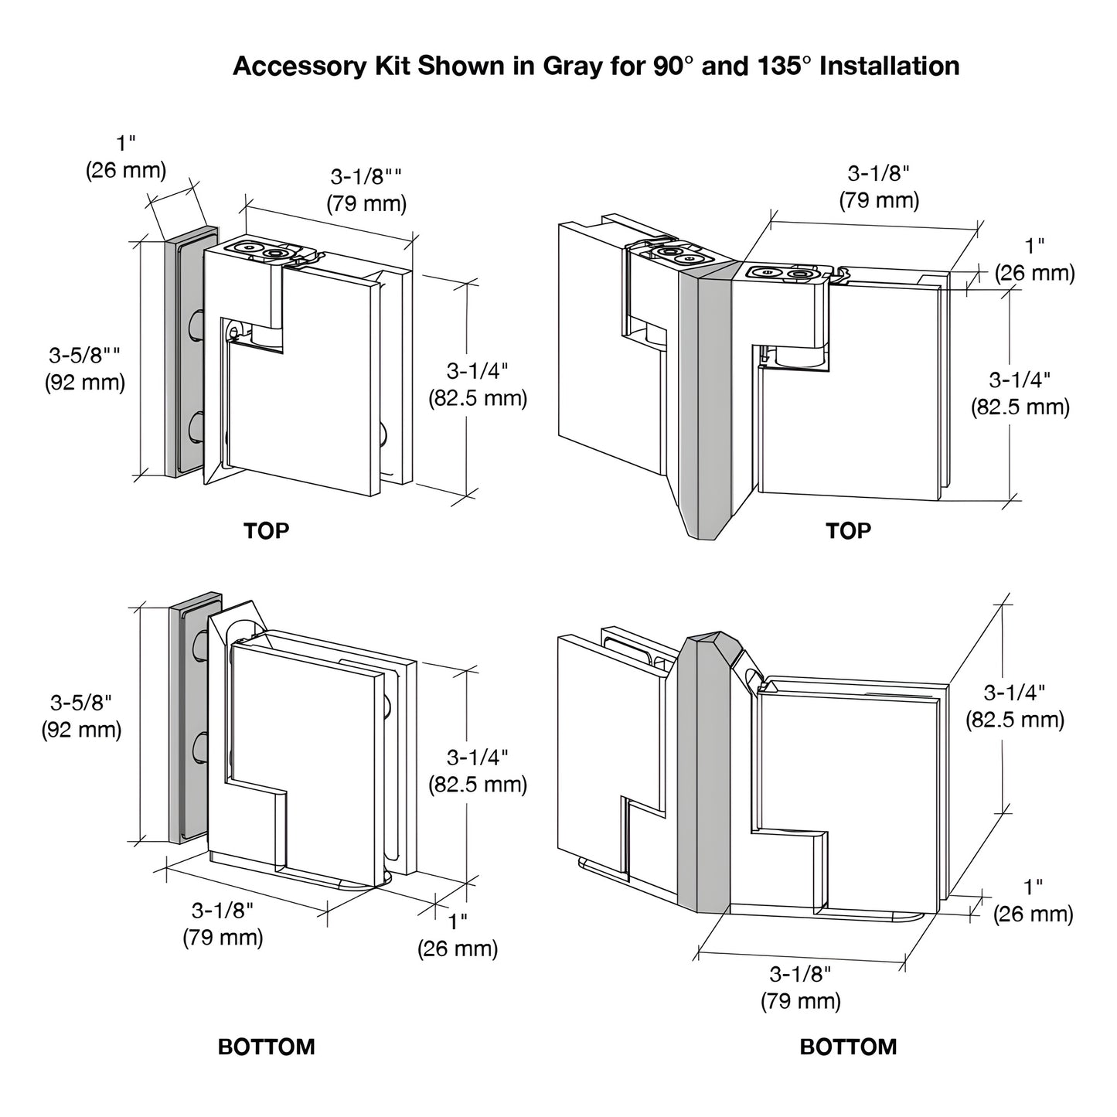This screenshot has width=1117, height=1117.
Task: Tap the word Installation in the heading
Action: tap(889, 66)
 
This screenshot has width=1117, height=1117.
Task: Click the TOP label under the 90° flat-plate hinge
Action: tap(266, 531)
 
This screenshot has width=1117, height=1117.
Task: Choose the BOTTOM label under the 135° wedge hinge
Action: tap(848, 1047)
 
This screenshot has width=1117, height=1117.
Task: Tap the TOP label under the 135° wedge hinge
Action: tap(848, 531)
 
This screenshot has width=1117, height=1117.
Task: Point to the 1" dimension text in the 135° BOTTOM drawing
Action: tap(1034, 887)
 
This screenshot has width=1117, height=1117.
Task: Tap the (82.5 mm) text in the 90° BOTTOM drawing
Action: tap(478, 785)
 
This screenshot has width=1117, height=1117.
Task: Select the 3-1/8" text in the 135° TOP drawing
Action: tap(879, 172)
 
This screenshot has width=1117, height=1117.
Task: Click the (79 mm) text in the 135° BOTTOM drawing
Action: tap(800, 1002)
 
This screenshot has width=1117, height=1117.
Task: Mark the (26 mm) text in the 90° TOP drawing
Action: tap(126, 170)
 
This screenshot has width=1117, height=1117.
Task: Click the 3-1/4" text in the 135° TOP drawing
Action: tap(1020, 380)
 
